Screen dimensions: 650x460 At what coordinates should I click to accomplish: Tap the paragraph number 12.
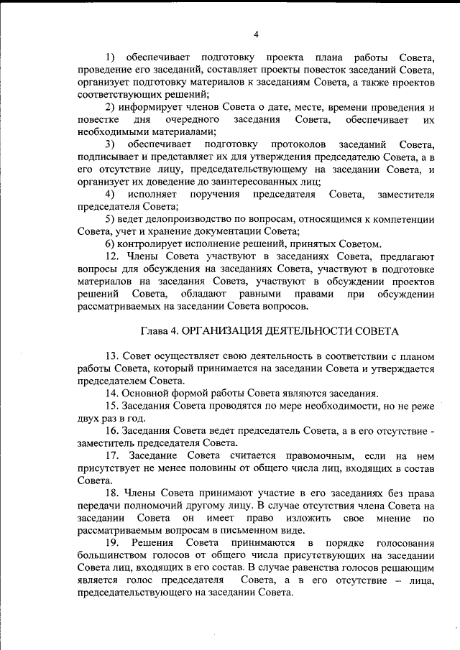point(112,256)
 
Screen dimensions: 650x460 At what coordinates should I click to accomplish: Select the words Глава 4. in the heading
point(159,331)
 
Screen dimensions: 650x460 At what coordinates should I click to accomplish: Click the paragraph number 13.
point(112,356)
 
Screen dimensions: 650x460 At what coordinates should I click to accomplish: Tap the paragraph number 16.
point(112,431)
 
